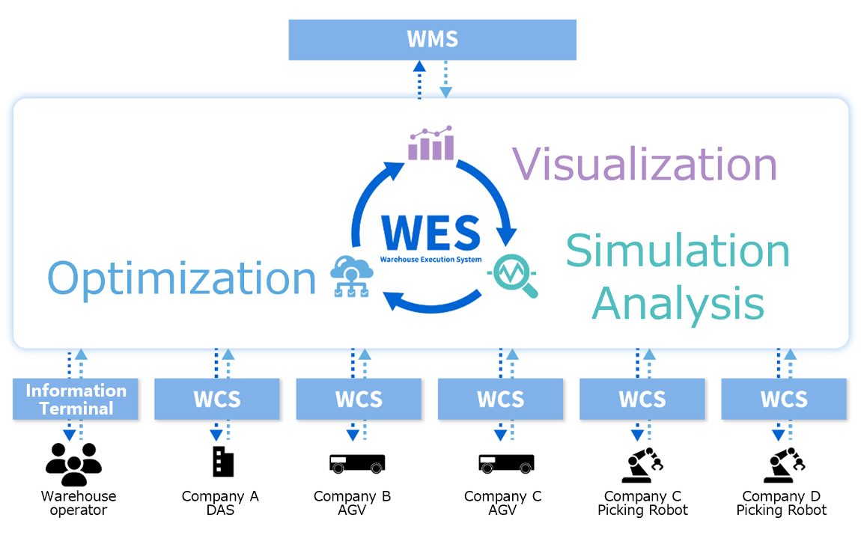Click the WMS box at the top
point(432,40)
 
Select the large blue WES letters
point(431,233)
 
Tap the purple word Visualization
point(645,164)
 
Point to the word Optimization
point(182,278)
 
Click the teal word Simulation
point(678,251)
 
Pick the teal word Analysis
point(678,304)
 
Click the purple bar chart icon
point(431,144)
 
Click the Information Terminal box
point(76,399)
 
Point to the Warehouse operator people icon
point(73,465)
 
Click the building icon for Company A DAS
point(222,462)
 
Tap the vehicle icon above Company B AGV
point(357,463)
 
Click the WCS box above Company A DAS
point(217,399)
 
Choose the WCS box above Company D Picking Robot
point(784,399)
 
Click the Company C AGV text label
point(502,503)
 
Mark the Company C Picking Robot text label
point(642,503)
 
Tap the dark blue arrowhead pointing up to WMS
point(419,67)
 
